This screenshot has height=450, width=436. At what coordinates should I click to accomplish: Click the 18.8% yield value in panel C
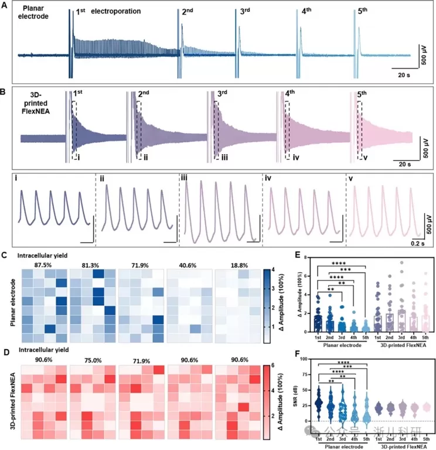[237, 264]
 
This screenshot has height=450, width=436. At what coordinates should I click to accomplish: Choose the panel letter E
[281, 256]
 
